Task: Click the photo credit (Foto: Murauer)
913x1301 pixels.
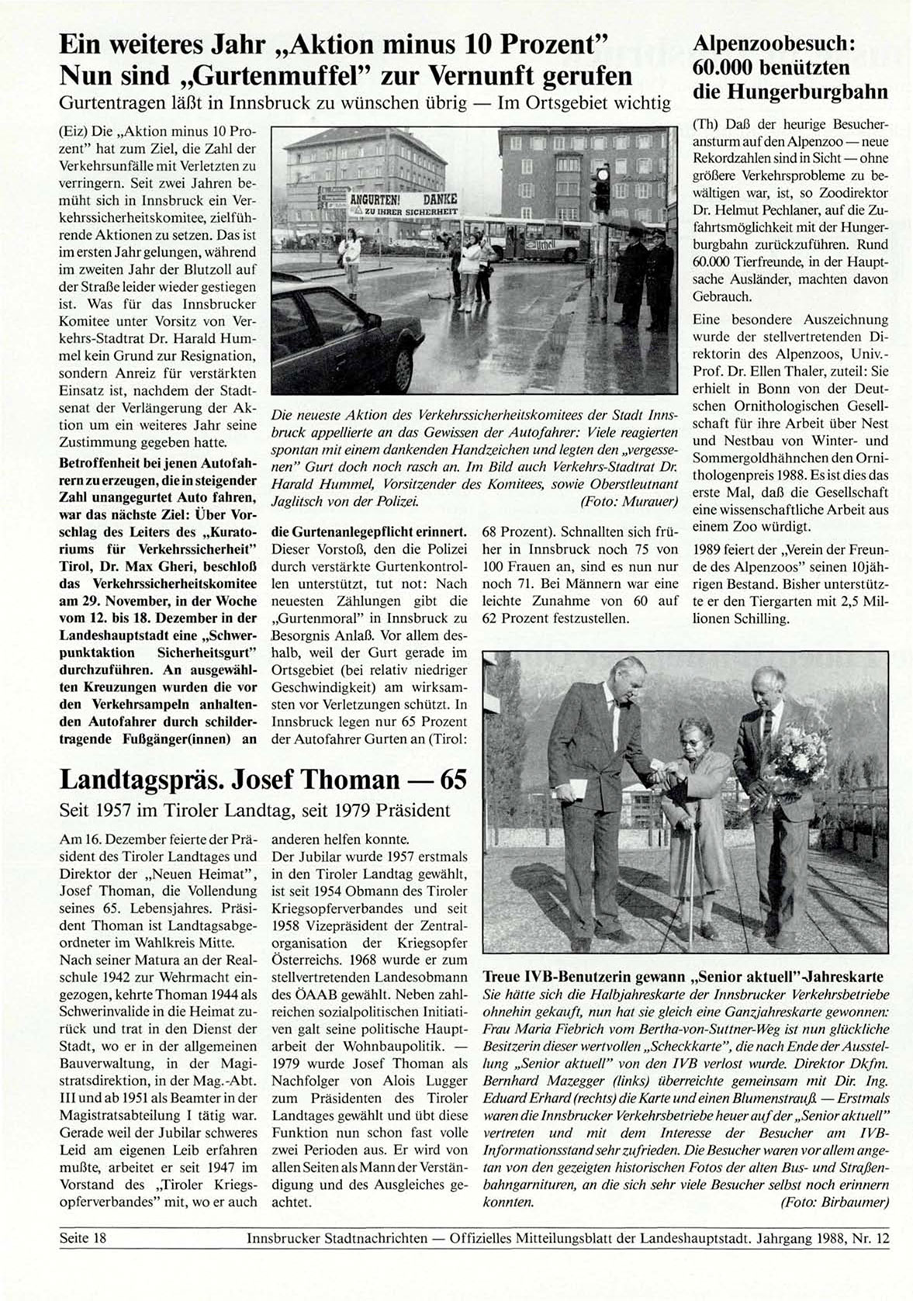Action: point(628,502)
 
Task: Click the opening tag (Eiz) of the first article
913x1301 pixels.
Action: point(74,131)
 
